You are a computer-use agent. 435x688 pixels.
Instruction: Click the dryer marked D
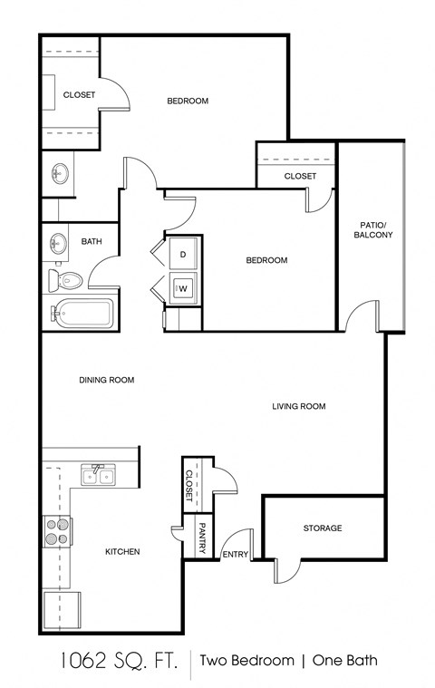click(183, 255)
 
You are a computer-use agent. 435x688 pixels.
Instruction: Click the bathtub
click(82, 313)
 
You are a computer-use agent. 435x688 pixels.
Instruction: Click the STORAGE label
click(323, 528)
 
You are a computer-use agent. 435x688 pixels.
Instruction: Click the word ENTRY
click(235, 554)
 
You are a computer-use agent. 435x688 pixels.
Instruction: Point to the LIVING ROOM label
click(298, 406)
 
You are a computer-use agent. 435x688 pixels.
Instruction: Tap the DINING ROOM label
click(106, 380)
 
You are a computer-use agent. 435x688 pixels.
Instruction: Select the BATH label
click(91, 241)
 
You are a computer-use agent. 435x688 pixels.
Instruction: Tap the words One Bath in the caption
click(345, 661)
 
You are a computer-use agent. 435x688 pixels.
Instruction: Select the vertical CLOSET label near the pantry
click(189, 486)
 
